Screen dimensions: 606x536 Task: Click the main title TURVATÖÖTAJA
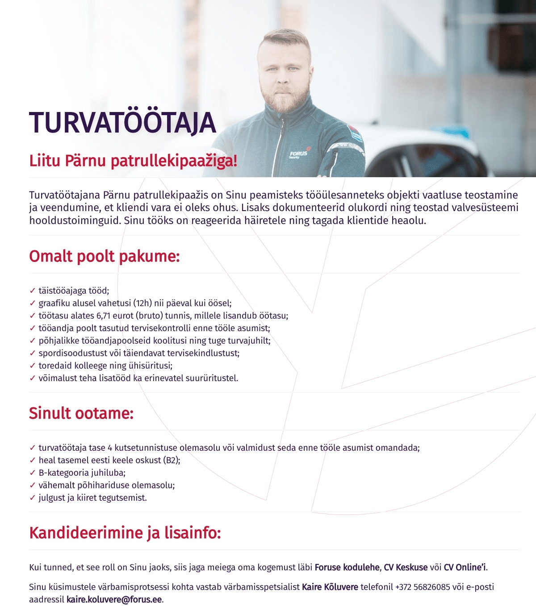coord(122,123)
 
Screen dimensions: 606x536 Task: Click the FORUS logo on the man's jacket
coord(298,154)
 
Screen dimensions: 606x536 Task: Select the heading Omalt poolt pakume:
coord(105,257)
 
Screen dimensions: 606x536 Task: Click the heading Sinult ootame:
coord(81,413)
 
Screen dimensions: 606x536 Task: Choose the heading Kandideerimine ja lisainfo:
coord(125,533)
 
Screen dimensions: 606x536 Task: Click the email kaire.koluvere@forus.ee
coord(114,600)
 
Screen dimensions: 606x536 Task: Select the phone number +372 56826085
coord(423,587)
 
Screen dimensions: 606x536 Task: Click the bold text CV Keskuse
coord(406,568)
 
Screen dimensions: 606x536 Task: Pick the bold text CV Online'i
coord(465,568)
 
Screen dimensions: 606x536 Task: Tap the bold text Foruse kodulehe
coord(348,568)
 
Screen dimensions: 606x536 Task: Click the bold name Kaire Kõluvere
coord(330,587)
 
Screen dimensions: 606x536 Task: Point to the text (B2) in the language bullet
coord(171,461)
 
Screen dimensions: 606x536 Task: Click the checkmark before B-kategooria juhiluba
coord(32,473)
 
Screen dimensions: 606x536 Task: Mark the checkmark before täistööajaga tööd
coord(32,291)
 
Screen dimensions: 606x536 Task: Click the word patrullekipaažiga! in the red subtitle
coord(174,161)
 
